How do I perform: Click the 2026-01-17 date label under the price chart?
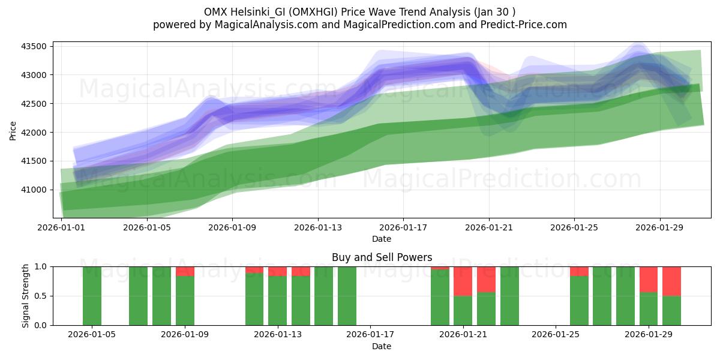(403, 228)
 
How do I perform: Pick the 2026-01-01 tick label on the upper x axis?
(62, 228)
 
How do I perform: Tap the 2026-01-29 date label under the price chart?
(659, 228)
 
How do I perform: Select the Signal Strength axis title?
(25, 295)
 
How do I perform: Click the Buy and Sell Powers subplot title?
(382, 257)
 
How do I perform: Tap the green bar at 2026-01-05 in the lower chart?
(92, 296)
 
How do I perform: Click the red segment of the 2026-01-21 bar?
(463, 281)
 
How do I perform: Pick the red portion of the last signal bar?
(671, 281)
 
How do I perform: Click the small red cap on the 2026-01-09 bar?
(185, 271)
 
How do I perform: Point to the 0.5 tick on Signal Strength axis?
(42, 296)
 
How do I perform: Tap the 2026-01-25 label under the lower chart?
(556, 334)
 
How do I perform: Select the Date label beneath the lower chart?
(382, 346)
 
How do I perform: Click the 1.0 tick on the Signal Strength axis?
(42, 266)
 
